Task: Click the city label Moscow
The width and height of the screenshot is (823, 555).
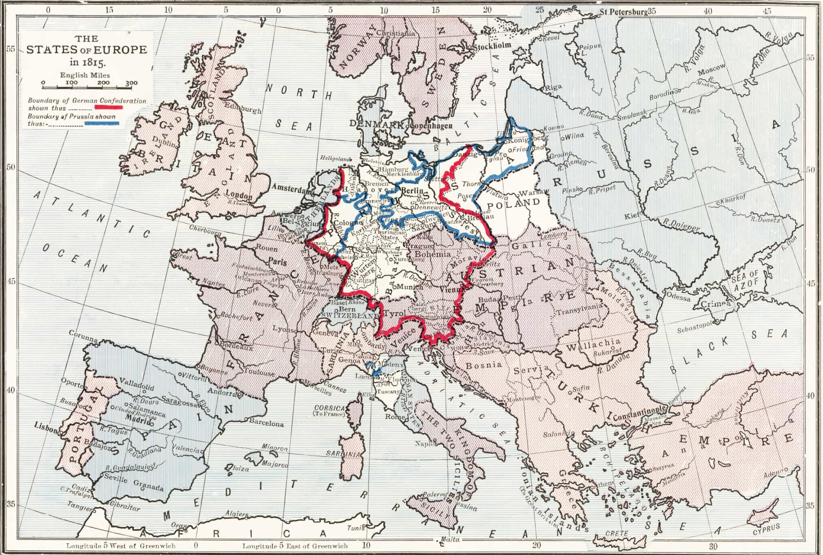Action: [x=712, y=69]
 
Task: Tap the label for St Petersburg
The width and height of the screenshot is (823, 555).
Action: [x=624, y=12]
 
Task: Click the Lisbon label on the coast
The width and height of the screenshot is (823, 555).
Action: [x=46, y=427]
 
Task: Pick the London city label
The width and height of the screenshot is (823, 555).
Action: [x=239, y=195]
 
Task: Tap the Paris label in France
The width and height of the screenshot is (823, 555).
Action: [x=278, y=261]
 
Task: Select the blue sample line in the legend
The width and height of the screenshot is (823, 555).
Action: [x=102, y=123]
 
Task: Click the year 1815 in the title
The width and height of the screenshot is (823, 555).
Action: [x=93, y=62]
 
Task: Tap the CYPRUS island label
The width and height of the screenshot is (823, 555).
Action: [x=766, y=529]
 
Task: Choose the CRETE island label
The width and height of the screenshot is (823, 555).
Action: [x=616, y=533]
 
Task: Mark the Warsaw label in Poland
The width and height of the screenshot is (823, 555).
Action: [x=533, y=192]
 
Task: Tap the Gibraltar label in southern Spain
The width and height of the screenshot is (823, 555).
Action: [x=125, y=506]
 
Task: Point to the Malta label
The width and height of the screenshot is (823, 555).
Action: [x=450, y=539]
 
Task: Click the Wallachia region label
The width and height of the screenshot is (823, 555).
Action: [x=593, y=345]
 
